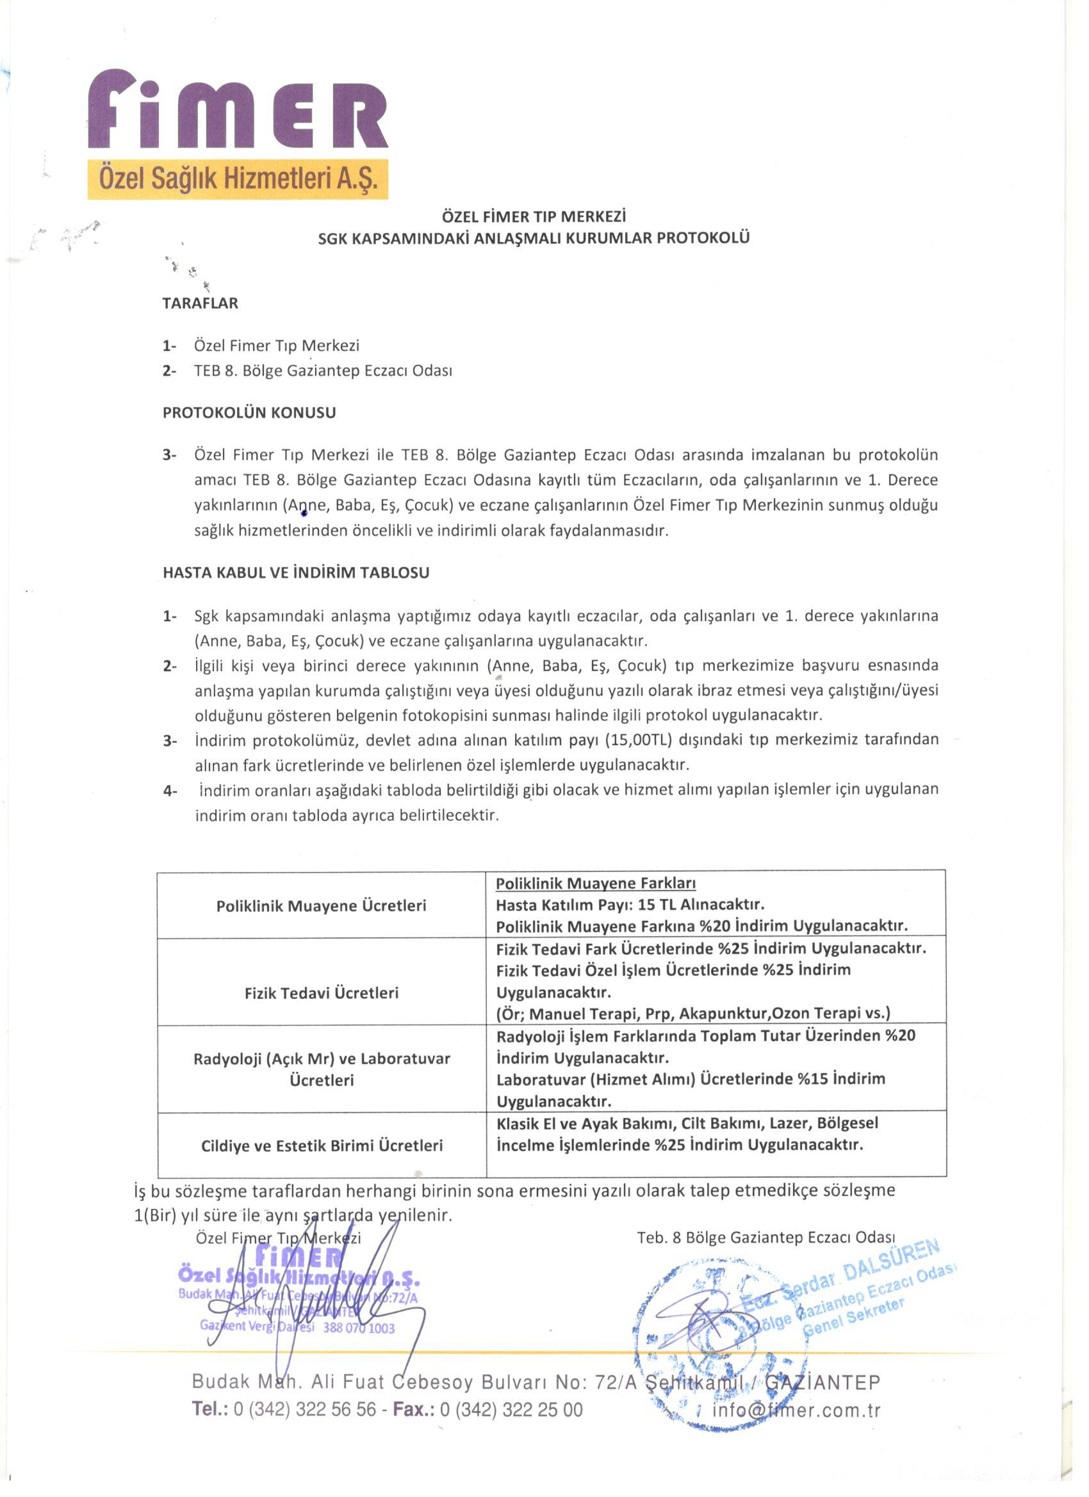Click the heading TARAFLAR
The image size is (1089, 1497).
coord(200,303)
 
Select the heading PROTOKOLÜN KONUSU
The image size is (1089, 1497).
coord(249,412)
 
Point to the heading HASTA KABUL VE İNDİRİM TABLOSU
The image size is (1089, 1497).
coord(296,572)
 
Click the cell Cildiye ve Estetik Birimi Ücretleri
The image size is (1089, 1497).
coord(322,1145)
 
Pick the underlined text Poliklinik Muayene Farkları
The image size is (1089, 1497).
coord(596,883)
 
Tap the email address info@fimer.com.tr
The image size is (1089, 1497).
coord(796,1411)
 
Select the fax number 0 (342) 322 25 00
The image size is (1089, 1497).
coord(511,1410)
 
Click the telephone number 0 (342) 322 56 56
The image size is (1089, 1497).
coord(304,1410)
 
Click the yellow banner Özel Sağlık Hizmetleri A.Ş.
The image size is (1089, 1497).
coord(238,179)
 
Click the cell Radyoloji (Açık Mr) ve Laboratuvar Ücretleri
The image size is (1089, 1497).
coord(322,1069)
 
